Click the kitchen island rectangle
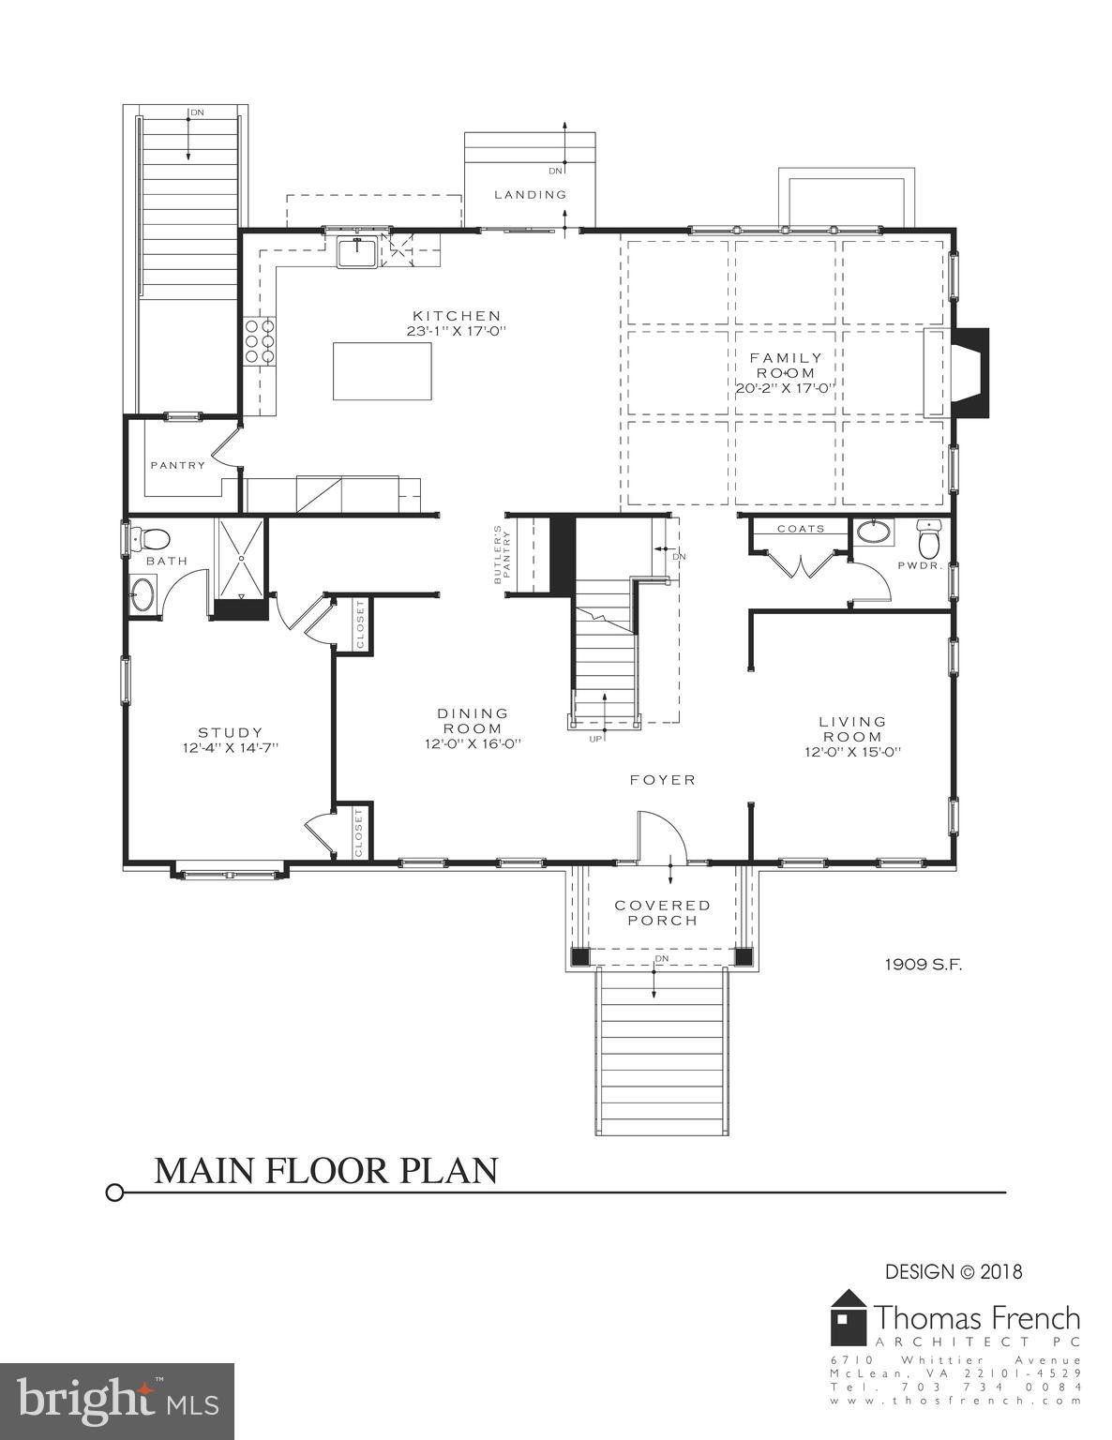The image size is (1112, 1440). pos(383,370)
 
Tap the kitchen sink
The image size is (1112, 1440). pos(357,251)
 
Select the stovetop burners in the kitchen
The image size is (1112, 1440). pos(260,341)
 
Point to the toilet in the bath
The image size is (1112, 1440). pos(151,539)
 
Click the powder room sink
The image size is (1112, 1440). pos(876,532)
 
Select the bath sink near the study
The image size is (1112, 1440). pos(143,594)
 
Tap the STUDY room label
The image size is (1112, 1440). pos(230,732)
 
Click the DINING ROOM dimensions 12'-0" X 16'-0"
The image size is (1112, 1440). pos(473,743)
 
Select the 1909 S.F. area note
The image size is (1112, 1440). pos(924,963)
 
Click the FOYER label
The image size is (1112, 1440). pos(663,779)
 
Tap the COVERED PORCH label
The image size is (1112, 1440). pos(663,912)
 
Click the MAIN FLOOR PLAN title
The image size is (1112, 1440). pos(325,1170)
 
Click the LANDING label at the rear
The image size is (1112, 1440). pos(531,194)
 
